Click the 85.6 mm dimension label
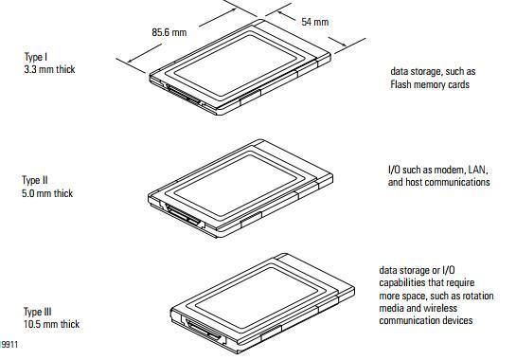pos(169,32)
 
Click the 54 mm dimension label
pos(315,22)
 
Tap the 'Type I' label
pos(36,57)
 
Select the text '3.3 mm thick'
pos(49,69)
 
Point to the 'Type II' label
pos(35,181)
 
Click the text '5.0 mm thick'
pos(47,193)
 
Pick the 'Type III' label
pos(38,312)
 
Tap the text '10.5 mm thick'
pos(51,324)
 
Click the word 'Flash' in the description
pos(400,84)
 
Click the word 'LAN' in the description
pos(478,170)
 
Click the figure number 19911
pos(9,345)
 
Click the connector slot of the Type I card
pos(184,95)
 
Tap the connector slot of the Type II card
pos(184,215)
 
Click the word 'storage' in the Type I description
pos(426,72)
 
